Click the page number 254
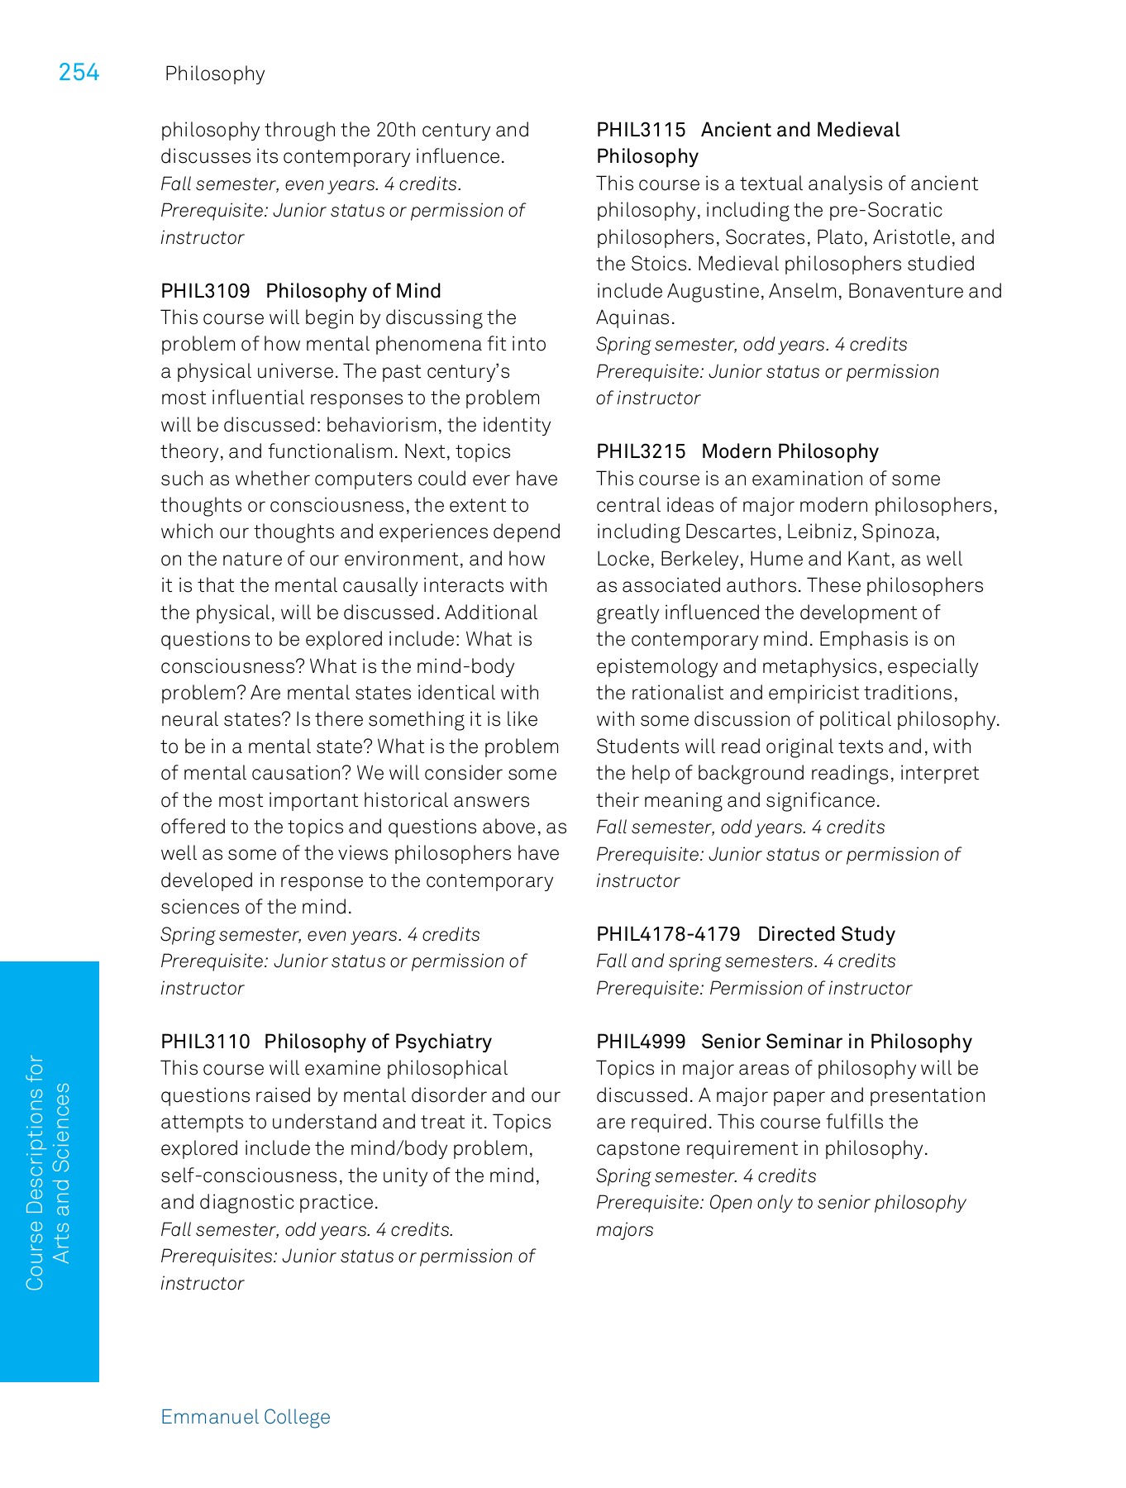pos(79,73)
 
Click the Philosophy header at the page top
pos(215,74)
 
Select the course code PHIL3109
pos(205,291)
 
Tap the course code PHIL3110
pos(205,1042)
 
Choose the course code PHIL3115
pos(641,130)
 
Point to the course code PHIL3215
pos(641,451)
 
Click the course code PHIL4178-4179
pos(668,934)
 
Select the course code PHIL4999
pos(641,1042)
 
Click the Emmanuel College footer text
pos(246,1417)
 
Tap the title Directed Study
pos(826,934)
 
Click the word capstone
pos(636,1148)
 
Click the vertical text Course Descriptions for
pos(35,1172)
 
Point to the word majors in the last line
pos(624,1229)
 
